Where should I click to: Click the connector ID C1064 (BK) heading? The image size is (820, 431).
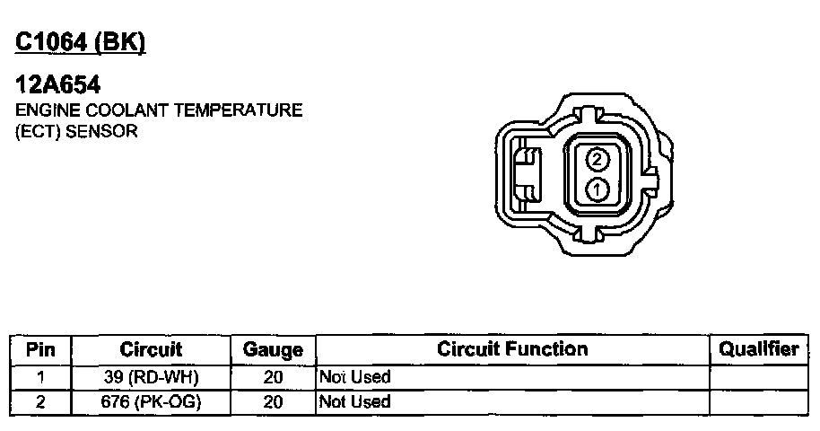(x=80, y=42)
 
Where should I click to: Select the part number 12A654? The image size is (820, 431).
(x=57, y=84)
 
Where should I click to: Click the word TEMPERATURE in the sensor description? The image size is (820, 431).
(x=238, y=110)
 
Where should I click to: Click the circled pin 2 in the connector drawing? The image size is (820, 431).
(x=597, y=159)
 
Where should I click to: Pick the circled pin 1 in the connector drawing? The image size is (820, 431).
(x=597, y=189)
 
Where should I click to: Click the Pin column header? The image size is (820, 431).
(x=40, y=349)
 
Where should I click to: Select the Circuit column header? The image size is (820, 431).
(x=151, y=349)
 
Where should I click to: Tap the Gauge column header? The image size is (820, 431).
(x=273, y=350)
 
